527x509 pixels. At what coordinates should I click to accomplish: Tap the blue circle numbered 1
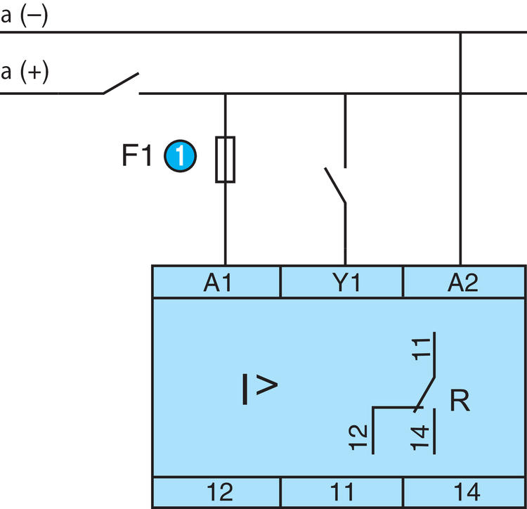[180, 156]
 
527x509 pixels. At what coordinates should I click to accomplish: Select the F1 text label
[136, 155]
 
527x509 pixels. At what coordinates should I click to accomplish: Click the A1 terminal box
[216, 282]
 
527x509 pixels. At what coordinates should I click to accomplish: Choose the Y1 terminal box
[341, 282]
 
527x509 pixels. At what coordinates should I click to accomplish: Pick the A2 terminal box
[464, 282]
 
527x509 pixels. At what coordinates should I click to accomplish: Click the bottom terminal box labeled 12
[216, 492]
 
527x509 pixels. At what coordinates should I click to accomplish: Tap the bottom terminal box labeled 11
[341, 492]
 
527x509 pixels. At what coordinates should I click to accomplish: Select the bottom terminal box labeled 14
[464, 492]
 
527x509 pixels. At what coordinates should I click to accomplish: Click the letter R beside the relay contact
[460, 400]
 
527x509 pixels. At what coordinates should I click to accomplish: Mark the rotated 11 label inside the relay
[421, 349]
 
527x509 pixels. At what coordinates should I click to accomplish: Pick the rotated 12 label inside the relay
[358, 437]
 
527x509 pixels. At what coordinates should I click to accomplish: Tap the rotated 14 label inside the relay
[420, 438]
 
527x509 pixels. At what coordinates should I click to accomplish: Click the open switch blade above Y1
[335, 185]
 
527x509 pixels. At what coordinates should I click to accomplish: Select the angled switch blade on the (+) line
[121, 83]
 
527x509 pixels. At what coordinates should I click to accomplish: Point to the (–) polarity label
[34, 15]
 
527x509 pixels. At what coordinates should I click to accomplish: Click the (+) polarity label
[34, 72]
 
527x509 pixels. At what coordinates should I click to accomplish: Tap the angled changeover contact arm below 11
[425, 394]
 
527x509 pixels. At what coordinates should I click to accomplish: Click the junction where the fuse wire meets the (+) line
[225, 94]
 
